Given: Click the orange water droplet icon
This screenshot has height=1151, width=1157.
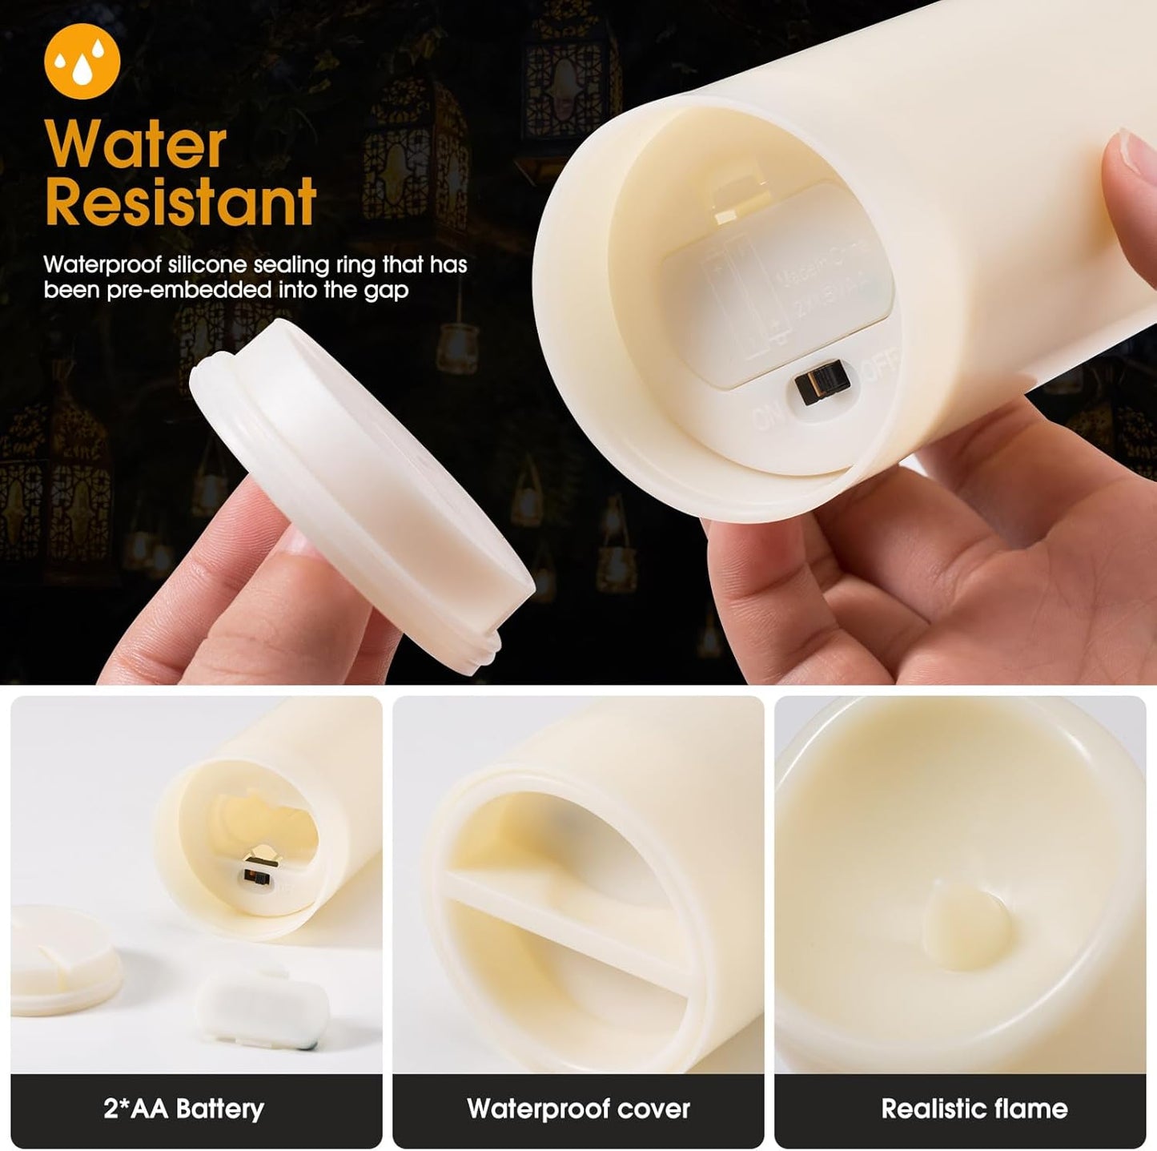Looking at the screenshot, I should pyautogui.click(x=82, y=60).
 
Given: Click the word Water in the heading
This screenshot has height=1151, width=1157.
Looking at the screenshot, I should pyautogui.click(x=135, y=145).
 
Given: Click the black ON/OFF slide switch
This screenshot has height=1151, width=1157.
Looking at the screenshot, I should pyautogui.click(x=823, y=388).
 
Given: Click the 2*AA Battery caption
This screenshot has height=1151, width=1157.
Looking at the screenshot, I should pyautogui.click(x=183, y=1109).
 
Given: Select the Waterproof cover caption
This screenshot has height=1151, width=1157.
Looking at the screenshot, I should pyautogui.click(x=578, y=1109).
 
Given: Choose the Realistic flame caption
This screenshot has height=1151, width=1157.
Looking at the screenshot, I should pyautogui.click(x=974, y=1109).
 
